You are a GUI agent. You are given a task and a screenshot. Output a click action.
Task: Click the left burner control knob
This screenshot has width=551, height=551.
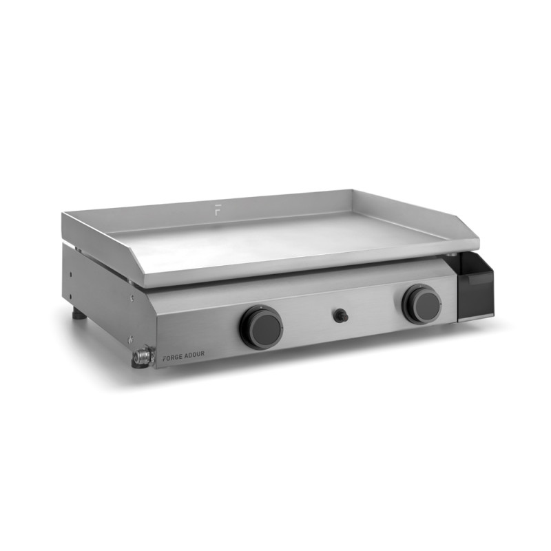coord(262,327)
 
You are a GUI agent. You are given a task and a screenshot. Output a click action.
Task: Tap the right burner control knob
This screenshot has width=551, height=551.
coord(422,303)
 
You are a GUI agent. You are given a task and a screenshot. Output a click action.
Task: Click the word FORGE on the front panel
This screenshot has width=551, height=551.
coord(172,357)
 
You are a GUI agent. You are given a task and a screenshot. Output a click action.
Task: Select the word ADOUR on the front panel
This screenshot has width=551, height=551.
coord(194,354)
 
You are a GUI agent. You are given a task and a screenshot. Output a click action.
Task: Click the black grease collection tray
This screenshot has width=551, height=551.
coord(475,287)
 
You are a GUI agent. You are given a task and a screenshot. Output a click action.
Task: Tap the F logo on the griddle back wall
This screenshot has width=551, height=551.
coord(218,209)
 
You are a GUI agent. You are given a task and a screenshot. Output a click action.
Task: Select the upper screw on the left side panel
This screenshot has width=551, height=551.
coord(132,298)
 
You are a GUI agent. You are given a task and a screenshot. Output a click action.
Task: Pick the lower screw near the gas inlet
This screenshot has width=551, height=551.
coord(131,340)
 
